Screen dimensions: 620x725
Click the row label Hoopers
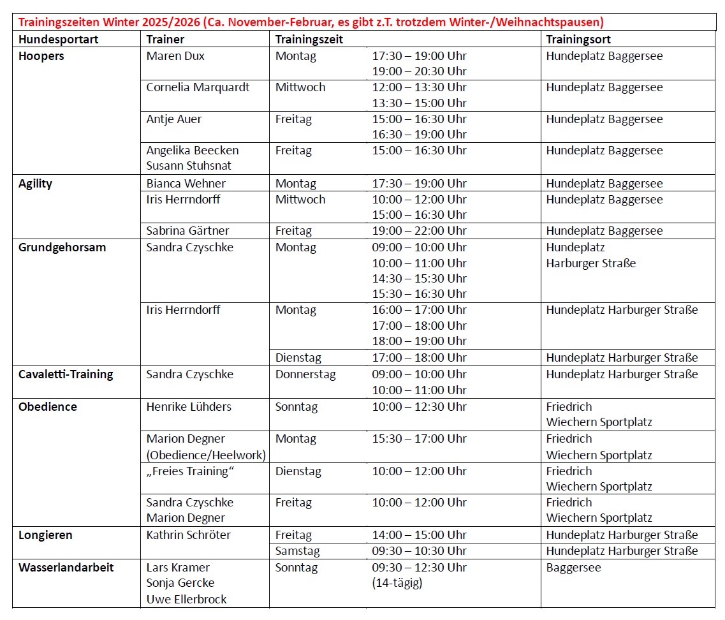click(41, 56)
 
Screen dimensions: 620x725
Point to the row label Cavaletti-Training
click(66, 374)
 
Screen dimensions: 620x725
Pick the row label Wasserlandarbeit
click(66, 567)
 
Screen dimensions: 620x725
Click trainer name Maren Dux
click(175, 56)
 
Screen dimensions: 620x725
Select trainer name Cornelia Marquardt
click(198, 87)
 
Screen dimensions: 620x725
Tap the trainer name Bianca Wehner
click(186, 184)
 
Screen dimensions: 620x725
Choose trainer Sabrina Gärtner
click(187, 231)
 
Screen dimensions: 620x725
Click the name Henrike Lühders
click(189, 407)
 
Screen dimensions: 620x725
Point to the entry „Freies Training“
click(191, 471)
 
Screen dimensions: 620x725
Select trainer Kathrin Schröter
click(189, 535)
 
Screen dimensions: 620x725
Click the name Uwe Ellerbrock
click(186, 599)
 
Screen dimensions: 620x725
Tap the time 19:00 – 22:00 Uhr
click(419, 231)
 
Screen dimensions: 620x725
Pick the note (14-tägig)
click(397, 582)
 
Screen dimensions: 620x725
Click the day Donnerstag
click(305, 374)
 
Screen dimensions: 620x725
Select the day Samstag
click(298, 551)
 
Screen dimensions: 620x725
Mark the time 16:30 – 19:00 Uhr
click(419, 135)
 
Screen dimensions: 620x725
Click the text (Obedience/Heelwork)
click(206, 455)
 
